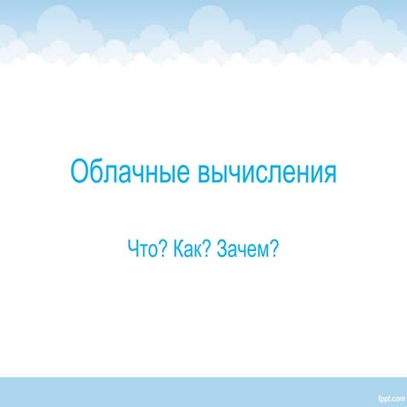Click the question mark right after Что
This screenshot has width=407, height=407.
click(161, 249)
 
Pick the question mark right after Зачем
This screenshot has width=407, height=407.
click(274, 249)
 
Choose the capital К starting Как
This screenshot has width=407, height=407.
click(176, 249)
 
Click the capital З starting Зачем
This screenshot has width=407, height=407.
click(221, 249)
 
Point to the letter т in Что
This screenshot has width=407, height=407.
click(142, 251)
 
